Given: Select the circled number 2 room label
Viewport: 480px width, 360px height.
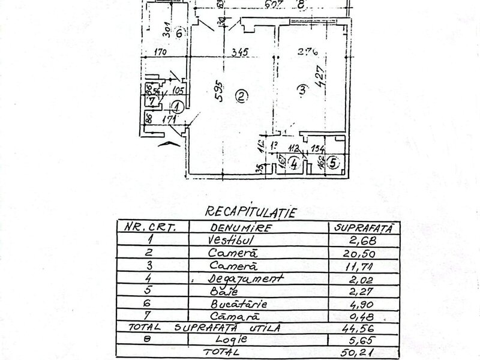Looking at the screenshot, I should pos(241,95).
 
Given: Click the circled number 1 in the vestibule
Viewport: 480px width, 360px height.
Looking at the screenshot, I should pos(178,108).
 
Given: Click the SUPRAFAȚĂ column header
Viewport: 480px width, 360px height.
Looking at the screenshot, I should pos(362,228).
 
